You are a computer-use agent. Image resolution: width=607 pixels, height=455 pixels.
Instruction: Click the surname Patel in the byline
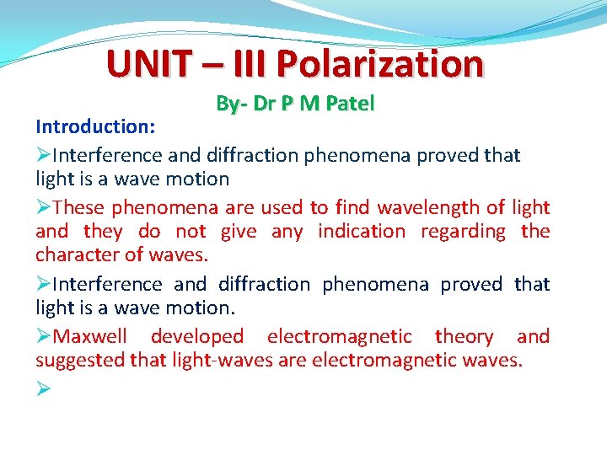[350, 104]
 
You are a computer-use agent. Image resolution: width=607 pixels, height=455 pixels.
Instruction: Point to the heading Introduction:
[94, 126]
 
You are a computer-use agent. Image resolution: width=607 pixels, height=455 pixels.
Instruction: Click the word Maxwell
[89, 337]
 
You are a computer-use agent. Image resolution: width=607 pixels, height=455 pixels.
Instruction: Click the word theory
[464, 337]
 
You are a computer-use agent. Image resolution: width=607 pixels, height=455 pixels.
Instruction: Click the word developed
[196, 337]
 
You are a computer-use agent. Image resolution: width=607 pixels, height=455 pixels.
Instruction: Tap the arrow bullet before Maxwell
[43, 337]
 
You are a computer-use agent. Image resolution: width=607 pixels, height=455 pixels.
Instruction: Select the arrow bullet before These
[43, 207]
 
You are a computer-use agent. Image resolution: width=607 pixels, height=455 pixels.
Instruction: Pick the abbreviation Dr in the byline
[263, 104]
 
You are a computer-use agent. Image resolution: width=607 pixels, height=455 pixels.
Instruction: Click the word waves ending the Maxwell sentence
[492, 361]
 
